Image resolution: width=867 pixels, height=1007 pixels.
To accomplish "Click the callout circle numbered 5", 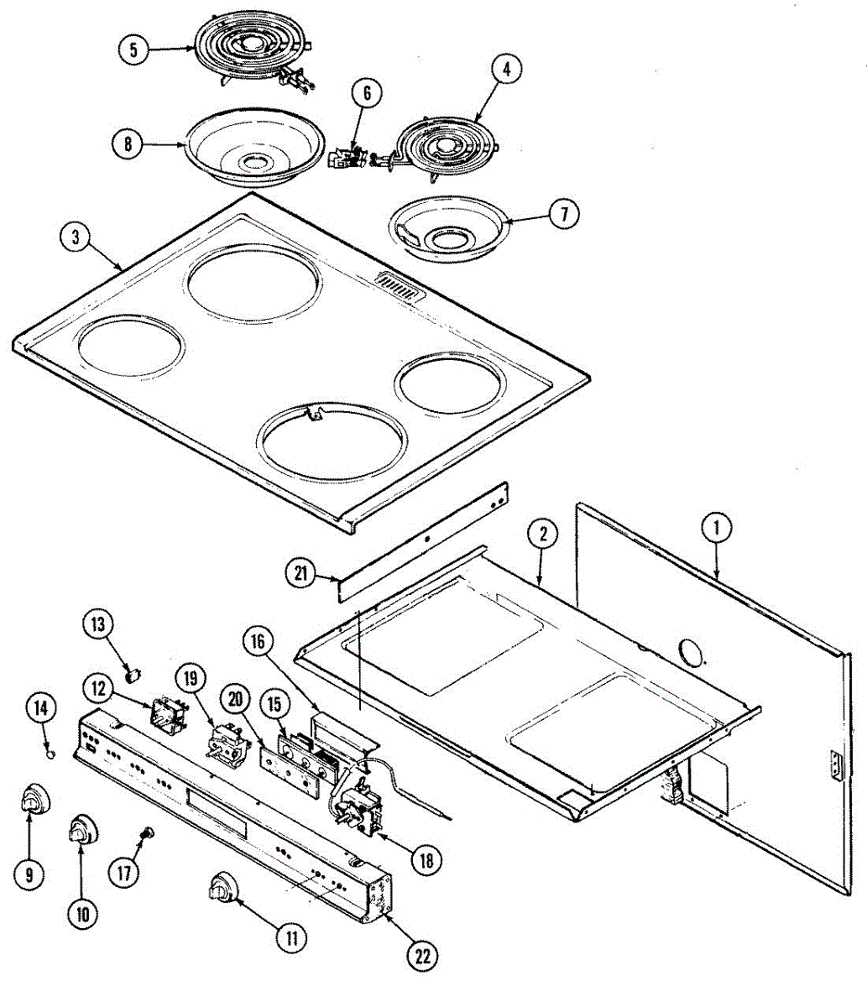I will (x=133, y=50).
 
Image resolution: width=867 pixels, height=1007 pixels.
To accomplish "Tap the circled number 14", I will (x=39, y=708).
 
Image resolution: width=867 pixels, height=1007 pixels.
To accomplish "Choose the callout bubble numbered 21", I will (x=301, y=575).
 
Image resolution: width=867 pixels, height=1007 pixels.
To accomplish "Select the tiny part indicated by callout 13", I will (x=131, y=671).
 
